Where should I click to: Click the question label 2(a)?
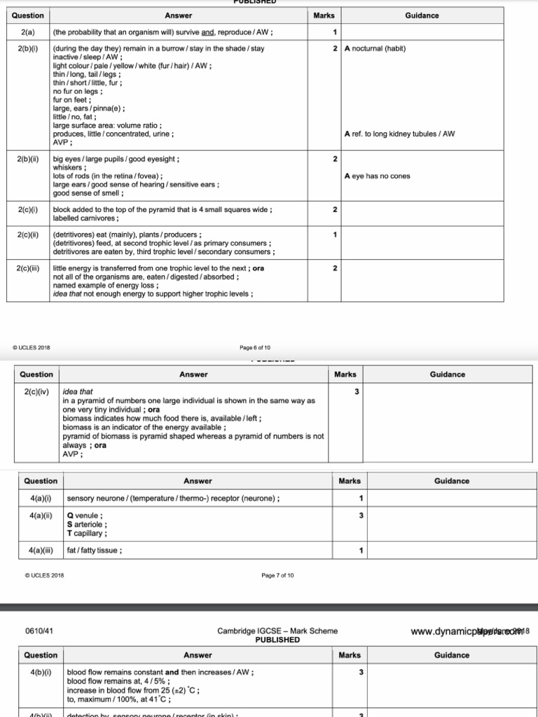pyautogui.click(x=28, y=32)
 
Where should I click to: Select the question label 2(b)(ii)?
pyautogui.click(x=28, y=159)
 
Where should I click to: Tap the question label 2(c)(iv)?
pyautogui.click(x=36, y=391)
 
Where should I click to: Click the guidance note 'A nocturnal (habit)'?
pyautogui.click(x=375, y=49)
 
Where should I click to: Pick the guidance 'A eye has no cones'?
pyautogui.click(x=378, y=176)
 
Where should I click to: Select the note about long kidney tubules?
pyautogui.click(x=399, y=133)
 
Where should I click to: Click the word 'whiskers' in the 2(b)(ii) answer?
pyautogui.click(x=70, y=168)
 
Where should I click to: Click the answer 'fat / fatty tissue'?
pyautogui.click(x=95, y=550)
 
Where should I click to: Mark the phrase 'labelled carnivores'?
pyautogui.click(x=85, y=218)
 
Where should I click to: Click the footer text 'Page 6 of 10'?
pyautogui.click(x=255, y=347)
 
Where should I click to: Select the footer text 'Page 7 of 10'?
pyautogui.click(x=277, y=576)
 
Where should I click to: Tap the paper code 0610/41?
pyautogui.click(x=40, y=631)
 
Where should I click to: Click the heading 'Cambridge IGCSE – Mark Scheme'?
pyautogui.click(x=277, y=631)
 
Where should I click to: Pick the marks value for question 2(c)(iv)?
pyautogui.click(x=357, y=392)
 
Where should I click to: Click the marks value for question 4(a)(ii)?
pyautogui.click(x=361, y=516)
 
